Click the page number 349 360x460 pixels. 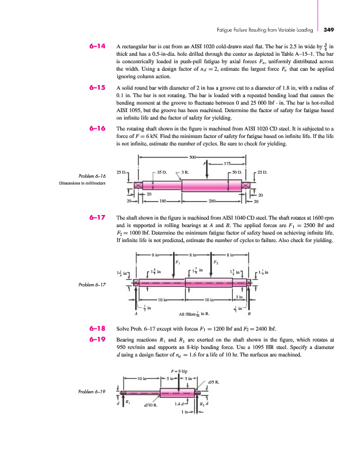330,29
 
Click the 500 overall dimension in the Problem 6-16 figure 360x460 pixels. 192,157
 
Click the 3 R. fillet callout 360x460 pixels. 185,171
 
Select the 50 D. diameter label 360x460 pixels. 236,171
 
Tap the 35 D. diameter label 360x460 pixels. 162,171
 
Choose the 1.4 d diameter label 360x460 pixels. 179,403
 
